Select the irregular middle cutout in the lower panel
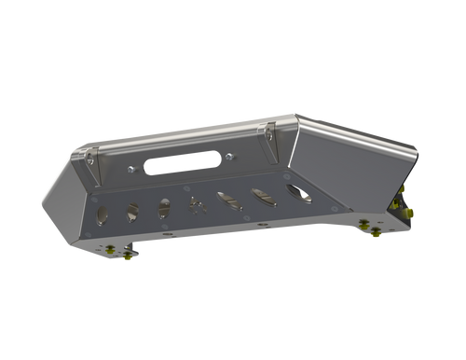(x=196, y=203)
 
